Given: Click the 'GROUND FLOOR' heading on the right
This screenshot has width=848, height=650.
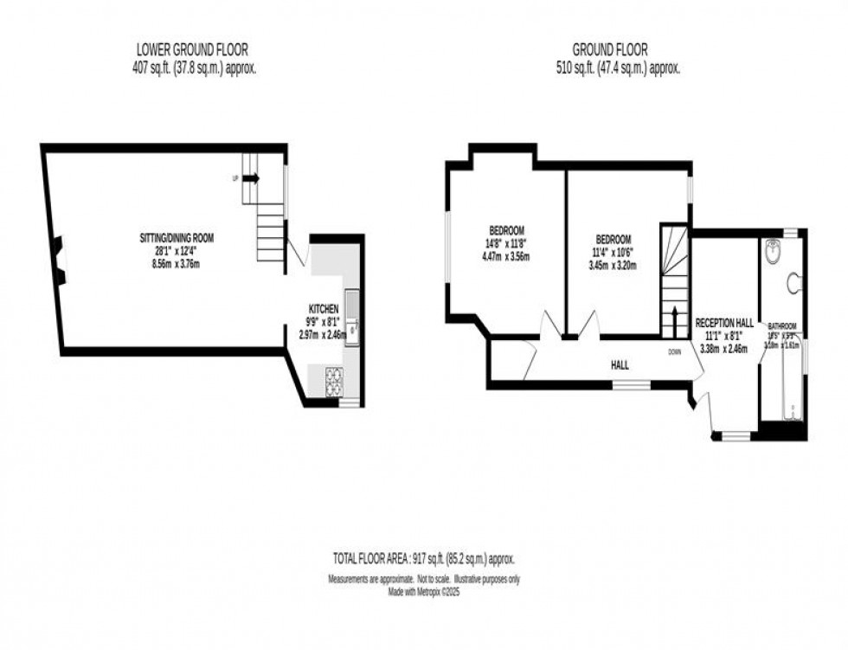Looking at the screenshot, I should click(610, 50).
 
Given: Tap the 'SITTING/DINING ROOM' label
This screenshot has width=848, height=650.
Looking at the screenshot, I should click(177, 237).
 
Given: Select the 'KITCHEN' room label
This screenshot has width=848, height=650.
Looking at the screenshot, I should click(324, 309).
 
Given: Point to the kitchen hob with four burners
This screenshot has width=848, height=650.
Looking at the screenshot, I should click(334, 383).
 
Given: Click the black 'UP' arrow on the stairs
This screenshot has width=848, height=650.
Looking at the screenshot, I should click(251, 178).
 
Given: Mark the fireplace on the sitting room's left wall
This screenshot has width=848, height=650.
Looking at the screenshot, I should click(56, 261).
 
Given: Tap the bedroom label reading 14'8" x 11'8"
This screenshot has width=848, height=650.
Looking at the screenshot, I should click(506, 243).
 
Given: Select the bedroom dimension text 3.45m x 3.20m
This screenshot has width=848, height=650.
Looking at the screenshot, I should click(613, 265).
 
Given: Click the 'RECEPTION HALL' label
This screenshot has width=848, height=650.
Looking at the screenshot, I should click(725, 321).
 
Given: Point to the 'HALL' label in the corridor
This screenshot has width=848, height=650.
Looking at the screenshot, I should click(620, 366).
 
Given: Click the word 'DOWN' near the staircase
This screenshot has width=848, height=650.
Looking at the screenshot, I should click(675, 352).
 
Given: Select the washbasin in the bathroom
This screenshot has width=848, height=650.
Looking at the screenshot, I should click(774, 254).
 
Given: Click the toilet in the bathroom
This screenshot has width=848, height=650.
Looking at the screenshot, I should click(793, 282).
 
